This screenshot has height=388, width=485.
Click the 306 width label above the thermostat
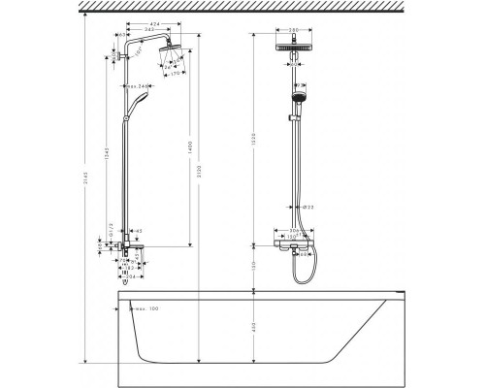pos(294,231)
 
